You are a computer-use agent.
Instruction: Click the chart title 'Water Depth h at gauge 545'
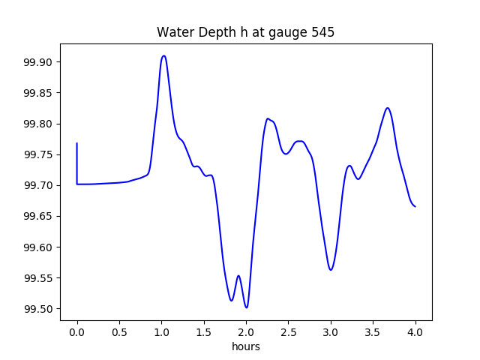[x=245, y=33]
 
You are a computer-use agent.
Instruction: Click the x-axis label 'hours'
[x=246, y=346]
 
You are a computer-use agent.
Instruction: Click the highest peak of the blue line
[x=163, y=55]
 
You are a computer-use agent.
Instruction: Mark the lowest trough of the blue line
[x=246, y=307]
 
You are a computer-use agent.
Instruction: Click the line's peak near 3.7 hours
[x=388, y=108]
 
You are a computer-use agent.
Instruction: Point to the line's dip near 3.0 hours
[x=331, y=269]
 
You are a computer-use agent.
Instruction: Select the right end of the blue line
[x=415, y=206]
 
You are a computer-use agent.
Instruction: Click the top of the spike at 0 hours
[x=77, y=143]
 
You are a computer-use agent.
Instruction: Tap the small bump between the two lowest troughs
[x=238, y=276]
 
